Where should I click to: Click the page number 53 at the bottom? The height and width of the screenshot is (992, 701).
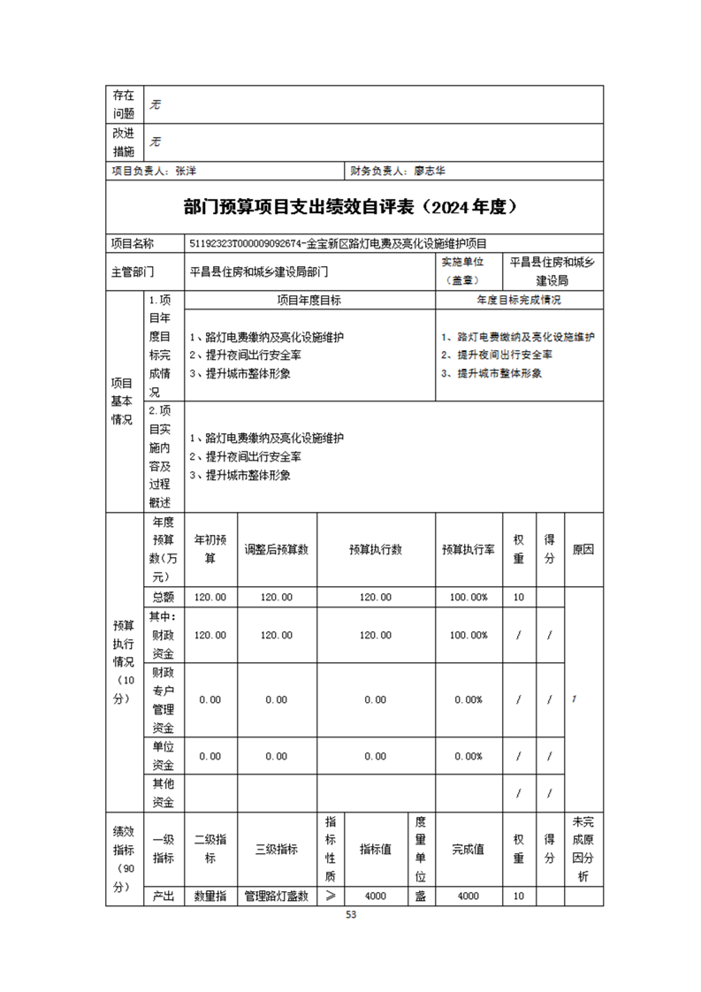point(351,915)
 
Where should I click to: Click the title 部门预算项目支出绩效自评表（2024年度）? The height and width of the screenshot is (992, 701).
point(350,207)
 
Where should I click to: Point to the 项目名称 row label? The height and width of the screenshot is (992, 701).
point(132,242)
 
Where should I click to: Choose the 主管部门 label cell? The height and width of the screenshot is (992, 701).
point(133,271)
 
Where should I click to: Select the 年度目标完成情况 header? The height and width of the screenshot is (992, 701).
point(519,301)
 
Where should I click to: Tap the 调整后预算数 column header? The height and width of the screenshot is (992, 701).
point(277,549)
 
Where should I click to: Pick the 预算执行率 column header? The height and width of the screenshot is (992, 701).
point(469,549)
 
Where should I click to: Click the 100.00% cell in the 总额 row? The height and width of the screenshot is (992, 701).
point(469,597)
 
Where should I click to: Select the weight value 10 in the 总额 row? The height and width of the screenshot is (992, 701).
point(519,597)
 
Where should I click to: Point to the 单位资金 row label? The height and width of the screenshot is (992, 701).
point(163,756)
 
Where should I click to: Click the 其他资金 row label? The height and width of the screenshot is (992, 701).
point(163,793)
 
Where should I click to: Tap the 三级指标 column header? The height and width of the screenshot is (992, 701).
point(277,849)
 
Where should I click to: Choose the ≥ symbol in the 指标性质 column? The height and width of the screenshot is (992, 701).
point(331,896)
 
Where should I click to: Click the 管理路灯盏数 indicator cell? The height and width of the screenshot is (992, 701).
point(277,896)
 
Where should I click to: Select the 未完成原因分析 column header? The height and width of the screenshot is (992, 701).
point(583,849)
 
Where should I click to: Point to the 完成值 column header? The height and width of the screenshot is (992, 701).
point(469,849)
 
